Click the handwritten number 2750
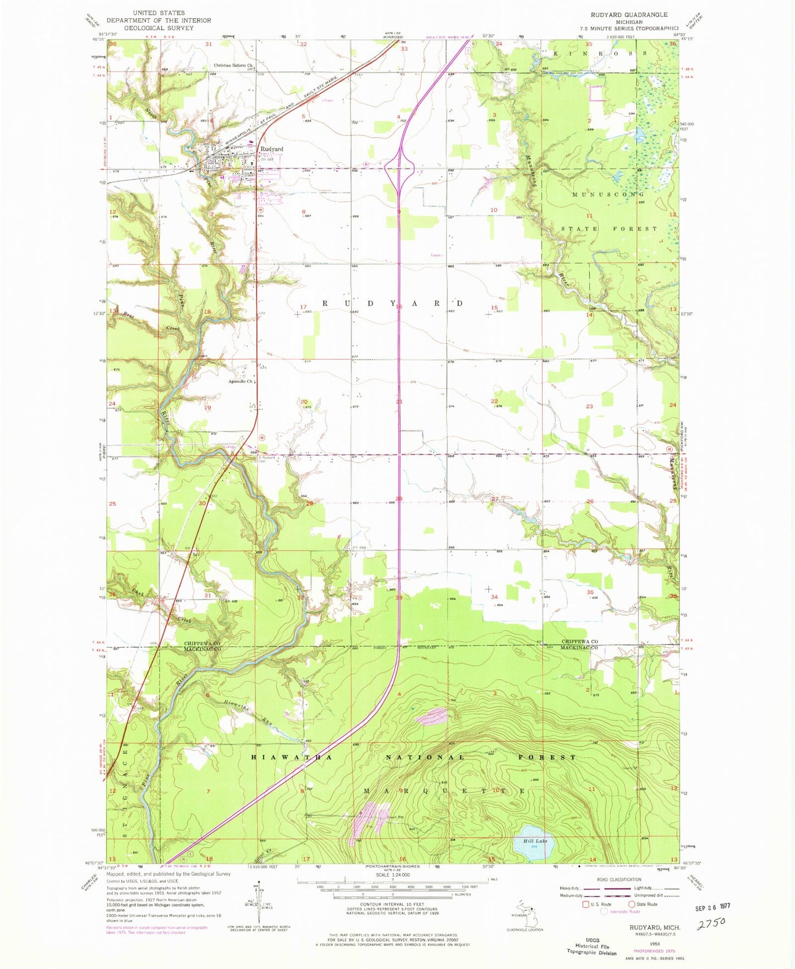711,922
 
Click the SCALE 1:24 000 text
393,875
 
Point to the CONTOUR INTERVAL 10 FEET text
392,904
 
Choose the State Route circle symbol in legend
632,904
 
